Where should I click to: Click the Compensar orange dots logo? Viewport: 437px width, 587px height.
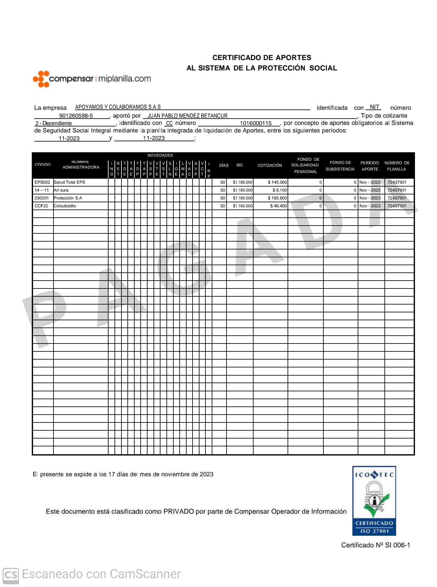41,79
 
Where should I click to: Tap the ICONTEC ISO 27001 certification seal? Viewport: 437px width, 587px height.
374,500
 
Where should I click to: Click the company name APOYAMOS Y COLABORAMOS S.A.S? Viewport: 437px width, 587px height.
118,107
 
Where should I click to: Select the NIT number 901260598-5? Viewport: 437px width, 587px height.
76,116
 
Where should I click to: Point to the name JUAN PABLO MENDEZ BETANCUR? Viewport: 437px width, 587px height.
187,116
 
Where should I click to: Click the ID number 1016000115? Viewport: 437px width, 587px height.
255,123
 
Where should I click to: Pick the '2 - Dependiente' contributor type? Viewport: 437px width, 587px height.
53,123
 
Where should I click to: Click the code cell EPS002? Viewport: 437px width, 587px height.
42,182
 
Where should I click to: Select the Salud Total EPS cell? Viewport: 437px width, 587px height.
70,182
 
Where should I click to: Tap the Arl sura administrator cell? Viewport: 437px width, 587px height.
61,190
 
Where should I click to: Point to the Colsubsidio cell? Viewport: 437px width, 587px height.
65,206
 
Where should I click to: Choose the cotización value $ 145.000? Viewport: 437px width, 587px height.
277,182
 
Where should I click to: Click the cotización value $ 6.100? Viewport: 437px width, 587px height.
280,190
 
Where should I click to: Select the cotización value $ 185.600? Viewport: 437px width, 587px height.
277,198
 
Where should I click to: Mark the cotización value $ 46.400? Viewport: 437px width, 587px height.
278,206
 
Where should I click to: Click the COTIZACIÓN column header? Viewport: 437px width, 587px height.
270,165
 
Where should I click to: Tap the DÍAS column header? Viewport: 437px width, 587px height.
224,165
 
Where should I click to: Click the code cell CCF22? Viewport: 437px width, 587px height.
42,206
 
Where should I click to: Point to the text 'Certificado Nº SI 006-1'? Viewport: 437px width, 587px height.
375,545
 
